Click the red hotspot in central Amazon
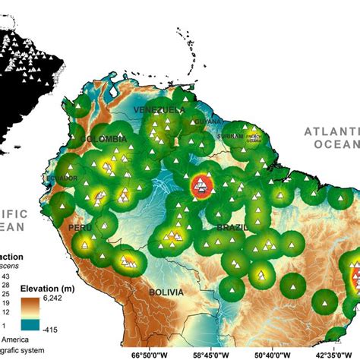coord(201,183)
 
